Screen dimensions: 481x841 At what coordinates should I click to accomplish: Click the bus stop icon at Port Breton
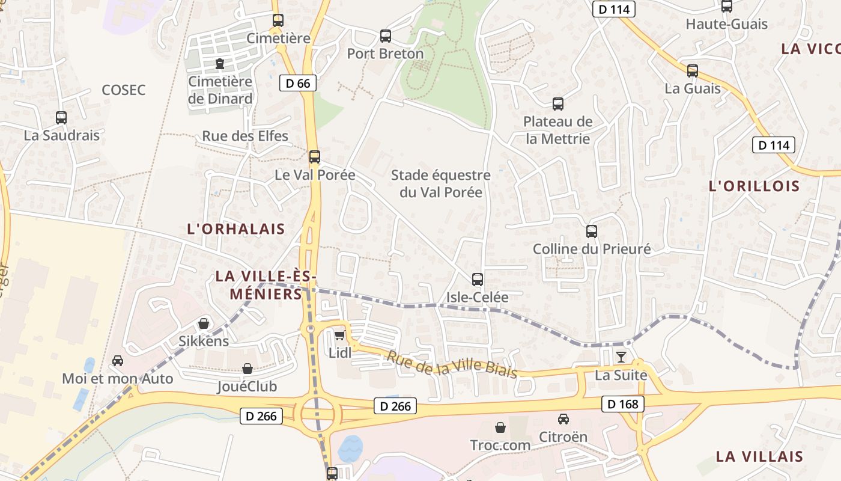tap(386, 36)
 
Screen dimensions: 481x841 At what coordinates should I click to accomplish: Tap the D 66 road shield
tap(298, 84)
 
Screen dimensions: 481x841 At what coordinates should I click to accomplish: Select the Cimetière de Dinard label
tap(220, 90)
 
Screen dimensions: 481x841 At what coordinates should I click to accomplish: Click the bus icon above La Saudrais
tap(61, 118)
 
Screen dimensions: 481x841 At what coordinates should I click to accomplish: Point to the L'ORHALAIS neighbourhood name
tap(236, 229)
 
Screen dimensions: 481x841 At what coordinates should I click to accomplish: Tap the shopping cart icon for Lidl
tap(340, 335)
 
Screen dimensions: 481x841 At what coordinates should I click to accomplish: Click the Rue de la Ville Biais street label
tap(451, 364)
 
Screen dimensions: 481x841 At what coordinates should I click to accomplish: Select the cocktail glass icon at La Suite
tap(621, 357)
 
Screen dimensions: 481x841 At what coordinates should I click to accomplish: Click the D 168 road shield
tap(623, 404)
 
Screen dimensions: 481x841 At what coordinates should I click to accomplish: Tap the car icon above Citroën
tap(563, 419)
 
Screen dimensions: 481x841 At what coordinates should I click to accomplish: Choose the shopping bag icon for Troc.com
tap(500, 427)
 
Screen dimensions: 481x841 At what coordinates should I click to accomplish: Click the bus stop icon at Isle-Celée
tap(478, 280)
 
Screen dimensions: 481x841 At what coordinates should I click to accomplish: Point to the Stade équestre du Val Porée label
tap(441, 184)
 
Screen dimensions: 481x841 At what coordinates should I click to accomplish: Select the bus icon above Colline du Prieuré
tap(592, 231)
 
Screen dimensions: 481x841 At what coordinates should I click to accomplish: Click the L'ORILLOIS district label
tap(754, 186)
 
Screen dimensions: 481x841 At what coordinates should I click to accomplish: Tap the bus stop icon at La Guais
tap(693, 71)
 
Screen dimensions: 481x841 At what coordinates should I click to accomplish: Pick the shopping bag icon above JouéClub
tap(247, 369)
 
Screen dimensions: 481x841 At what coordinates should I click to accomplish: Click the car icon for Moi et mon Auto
tap(118, 361)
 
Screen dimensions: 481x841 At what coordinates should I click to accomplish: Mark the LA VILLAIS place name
tap(759, 456)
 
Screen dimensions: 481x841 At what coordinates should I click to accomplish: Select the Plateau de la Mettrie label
tap(558, 130)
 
